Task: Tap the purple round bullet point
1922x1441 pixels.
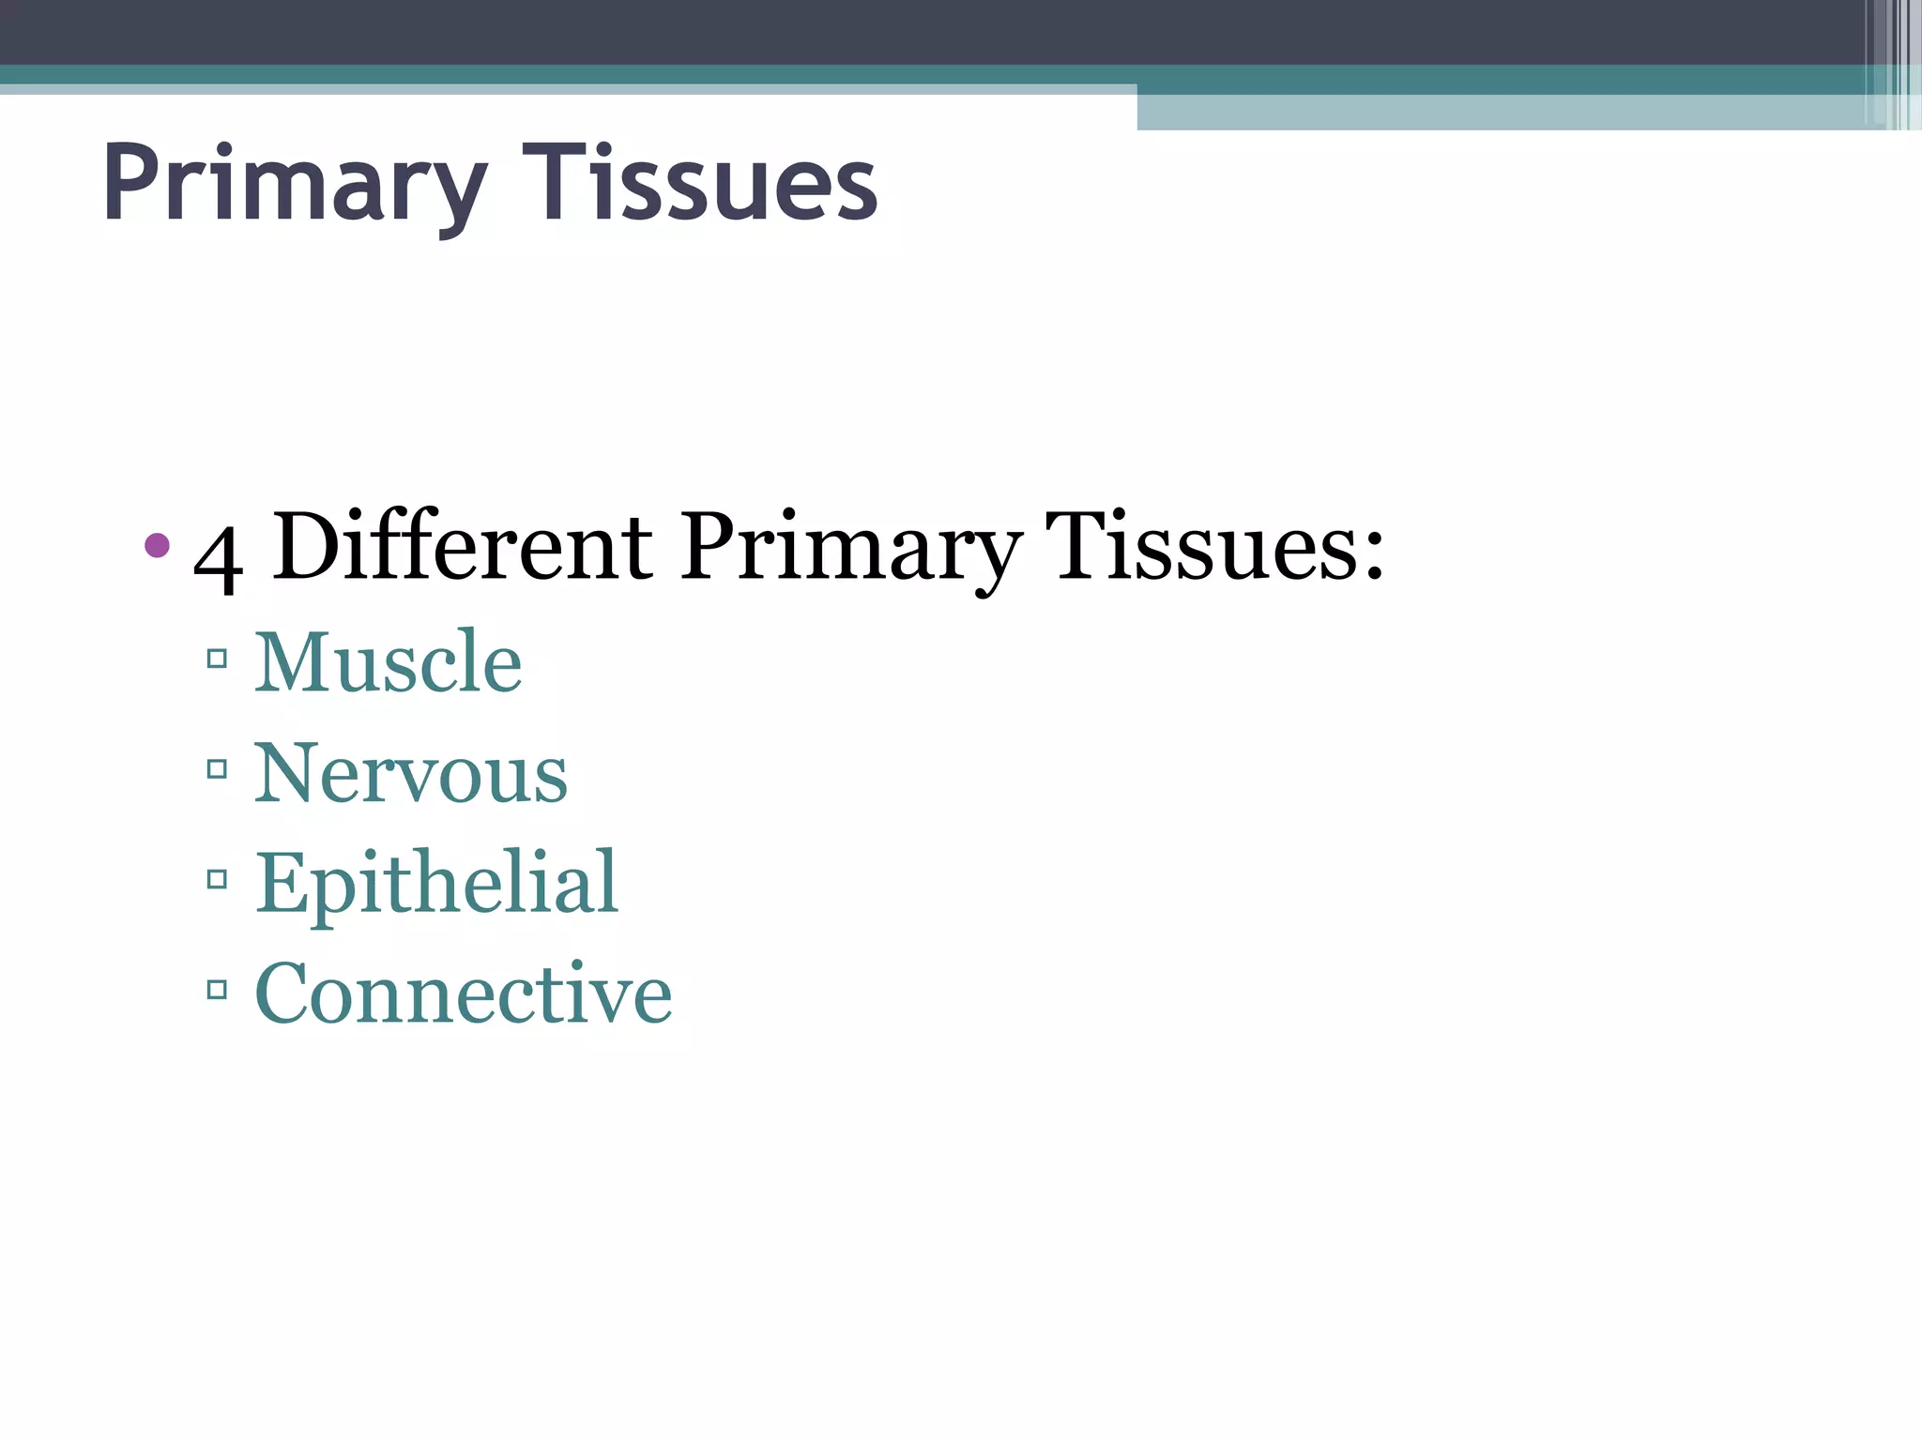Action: point(158,545)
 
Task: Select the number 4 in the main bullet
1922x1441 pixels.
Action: point(218,555)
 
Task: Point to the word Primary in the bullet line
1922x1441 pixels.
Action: point(850,549)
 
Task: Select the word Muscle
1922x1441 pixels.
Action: point(389,661)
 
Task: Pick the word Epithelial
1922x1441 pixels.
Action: point(436,883)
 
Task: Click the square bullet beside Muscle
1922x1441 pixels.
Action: point(217,659)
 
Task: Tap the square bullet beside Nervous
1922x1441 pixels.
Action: point(217,769)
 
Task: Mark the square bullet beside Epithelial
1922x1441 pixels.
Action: point(217,879)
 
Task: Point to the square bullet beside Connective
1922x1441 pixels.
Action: point(217,989)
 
